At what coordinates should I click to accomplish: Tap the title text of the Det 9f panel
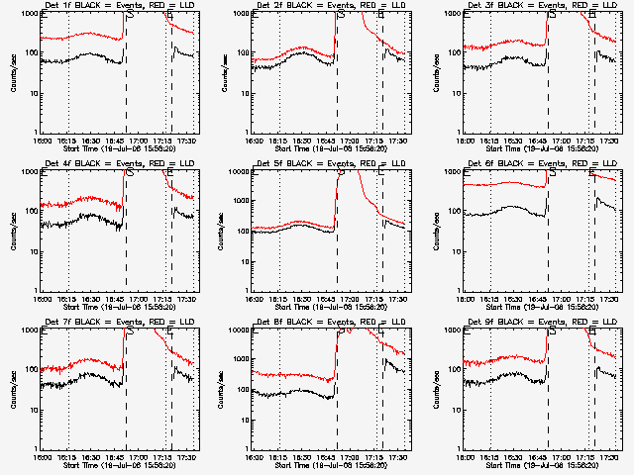pyautogui.click(x=542, y=323)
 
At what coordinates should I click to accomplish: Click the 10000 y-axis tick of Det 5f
pyautogui.click(x=239, y=171)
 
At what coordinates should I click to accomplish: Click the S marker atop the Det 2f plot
pyautogui.click(x=343, y=16)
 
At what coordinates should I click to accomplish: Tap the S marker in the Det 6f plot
pyautogui.click(x=553, y=173)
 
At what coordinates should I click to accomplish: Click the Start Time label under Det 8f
pyautogui.click(x=331, y=464)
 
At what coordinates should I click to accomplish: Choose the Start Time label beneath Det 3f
pyautogui.click(x=542, y=147)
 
